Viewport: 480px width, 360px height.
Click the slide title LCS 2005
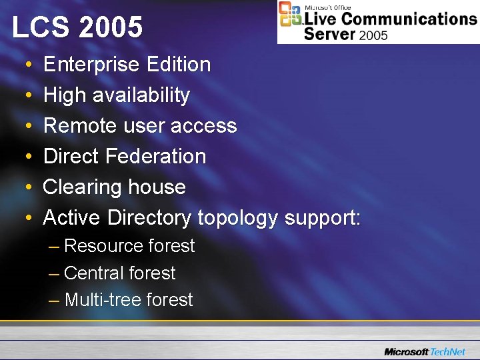(x=77, y=28)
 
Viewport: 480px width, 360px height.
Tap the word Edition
(x=177, y=65)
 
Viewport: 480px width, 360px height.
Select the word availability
(x=141, y=95)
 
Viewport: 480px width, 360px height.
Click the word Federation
(x=156, y=157)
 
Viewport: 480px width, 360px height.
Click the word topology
(x=237, y=218)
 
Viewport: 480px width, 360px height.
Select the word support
(x=322, y=218)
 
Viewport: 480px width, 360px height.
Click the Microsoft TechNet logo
(x=426, y=351)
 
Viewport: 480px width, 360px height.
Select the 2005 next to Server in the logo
(x=373, y=35)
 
